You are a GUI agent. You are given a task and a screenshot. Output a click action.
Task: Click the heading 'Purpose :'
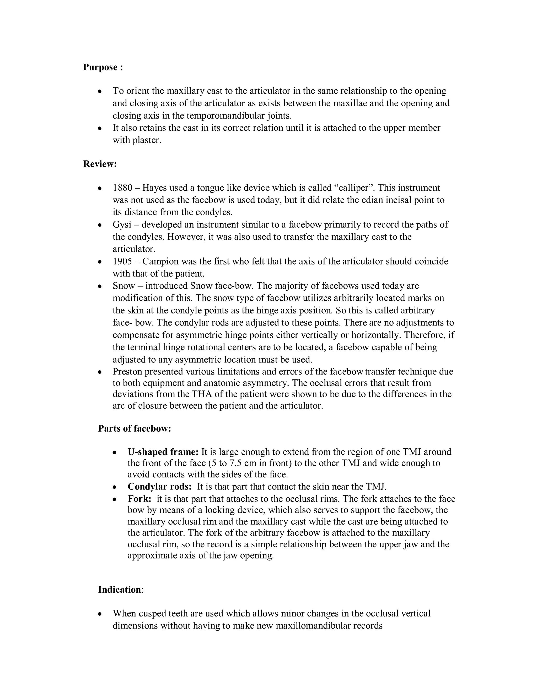tap(103, 67)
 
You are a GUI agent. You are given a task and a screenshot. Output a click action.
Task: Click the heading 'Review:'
tap(100, 164)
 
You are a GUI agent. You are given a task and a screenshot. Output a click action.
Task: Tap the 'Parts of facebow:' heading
tap(135, 428)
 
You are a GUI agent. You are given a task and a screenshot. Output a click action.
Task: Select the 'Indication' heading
tap(119, 590)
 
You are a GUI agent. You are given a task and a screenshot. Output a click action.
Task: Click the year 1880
tap(122, 188)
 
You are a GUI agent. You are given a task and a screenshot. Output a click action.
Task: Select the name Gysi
tap(122, 225)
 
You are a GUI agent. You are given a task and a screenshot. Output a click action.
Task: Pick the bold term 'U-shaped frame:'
tap(163, 451)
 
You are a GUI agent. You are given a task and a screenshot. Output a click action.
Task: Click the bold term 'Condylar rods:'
tap(159, 487)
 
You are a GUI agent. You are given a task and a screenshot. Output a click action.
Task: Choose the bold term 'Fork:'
tap(139, 499)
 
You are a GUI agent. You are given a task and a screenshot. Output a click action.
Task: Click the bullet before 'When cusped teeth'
tap(100, 614)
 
